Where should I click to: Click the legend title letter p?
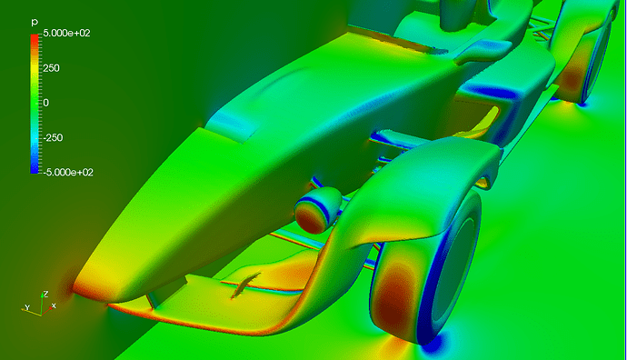[35, 23]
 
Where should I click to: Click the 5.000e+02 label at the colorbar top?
[66, 34]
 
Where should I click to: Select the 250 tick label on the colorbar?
[51, 68]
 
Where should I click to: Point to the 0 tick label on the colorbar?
[46, 103]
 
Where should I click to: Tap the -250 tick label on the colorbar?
[53, 137]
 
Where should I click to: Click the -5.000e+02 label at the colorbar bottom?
[68, 173]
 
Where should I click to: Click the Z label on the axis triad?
[46, 294]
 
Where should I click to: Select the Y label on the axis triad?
[27, 307]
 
